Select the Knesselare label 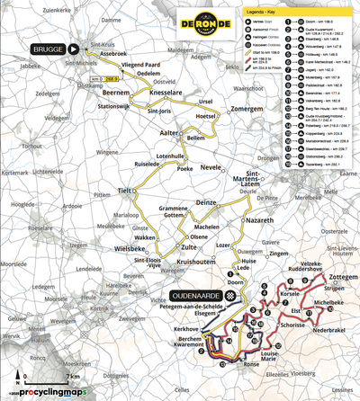[x=164, y=93]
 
